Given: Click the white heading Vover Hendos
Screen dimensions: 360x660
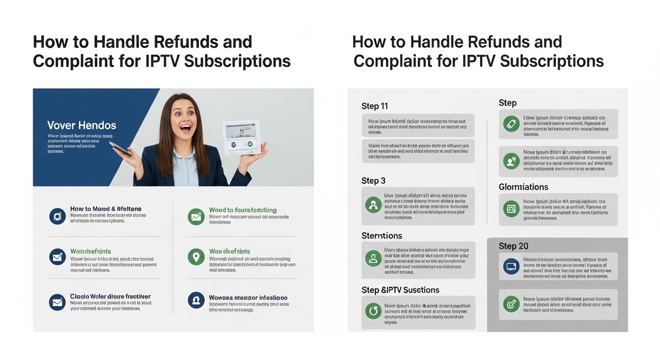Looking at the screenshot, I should tap(82, 126).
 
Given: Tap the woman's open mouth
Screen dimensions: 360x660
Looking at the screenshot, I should tap(187, 127).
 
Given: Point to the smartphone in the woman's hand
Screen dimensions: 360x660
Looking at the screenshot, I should tap(120, 150).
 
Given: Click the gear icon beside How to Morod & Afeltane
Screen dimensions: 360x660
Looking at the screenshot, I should tap(58, 216).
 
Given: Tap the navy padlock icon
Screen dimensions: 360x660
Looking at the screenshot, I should tap(196, 300).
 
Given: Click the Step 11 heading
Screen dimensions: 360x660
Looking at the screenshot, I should tap(375, 106).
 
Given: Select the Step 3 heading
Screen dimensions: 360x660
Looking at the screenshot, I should tap(374, 181).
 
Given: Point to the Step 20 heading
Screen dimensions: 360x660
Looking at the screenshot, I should tap(513, 246).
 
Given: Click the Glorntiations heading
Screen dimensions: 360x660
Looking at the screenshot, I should tap(523, 187).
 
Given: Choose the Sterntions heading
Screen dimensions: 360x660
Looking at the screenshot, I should tap(382, 236).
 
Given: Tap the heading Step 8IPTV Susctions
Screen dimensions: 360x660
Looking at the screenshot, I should tap(400, 290).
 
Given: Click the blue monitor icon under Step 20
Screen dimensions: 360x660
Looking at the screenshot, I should tap(510, 266).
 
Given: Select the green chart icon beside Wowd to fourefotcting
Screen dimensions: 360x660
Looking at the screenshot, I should tap(196, 217).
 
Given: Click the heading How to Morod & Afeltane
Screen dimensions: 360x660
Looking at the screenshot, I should tap(105, 209).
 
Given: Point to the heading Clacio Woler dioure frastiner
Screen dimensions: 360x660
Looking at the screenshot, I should tap(110, 297).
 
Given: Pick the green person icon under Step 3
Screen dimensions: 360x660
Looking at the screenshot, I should tap(373, 205).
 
